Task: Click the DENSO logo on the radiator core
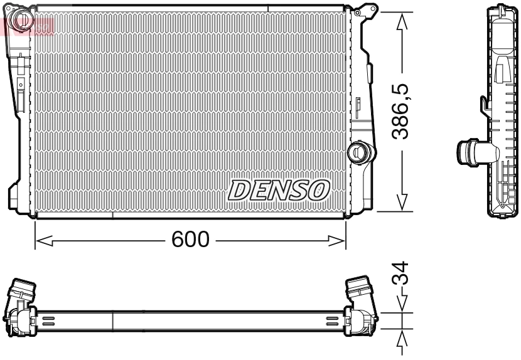pos(279,190)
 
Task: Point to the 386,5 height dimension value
pos(403,112)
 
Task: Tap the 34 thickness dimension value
pos(402,274)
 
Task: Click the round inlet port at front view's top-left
pos(23,19)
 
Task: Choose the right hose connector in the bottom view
pos(360,291)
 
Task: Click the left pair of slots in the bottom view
pos(49,321)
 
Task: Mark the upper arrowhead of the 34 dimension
pos(402,305)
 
